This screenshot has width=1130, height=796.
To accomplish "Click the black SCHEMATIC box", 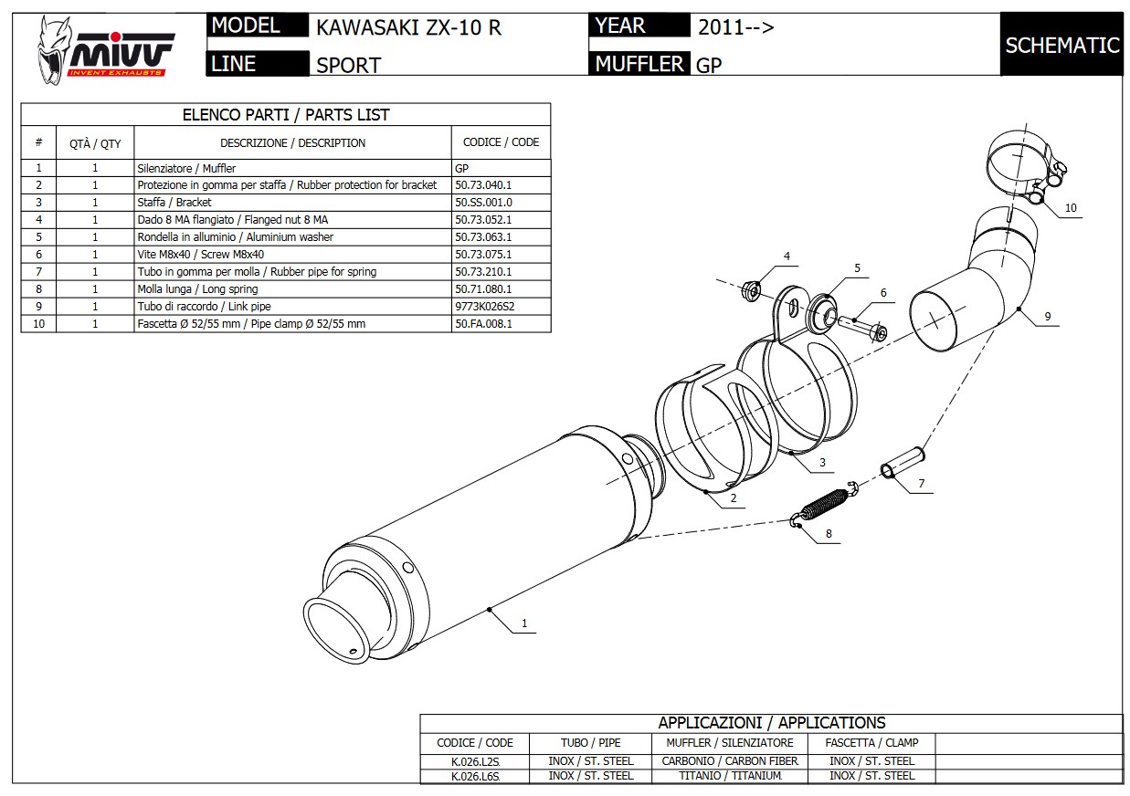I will pyautogui.click(x=1061, y=45).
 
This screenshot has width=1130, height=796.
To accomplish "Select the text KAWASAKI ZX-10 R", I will pyautogui.click(x=408, y=27).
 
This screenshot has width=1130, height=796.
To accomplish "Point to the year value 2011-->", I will pyautogui.click(x=735, y=26).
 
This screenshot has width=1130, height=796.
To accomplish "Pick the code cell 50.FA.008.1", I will pyautogui.click(x=484, y=324).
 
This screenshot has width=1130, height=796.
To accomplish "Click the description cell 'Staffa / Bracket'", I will pyautogui.click(x=174, y=203).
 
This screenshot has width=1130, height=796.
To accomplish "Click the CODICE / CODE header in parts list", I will pyautogui.click(x=501, y=142).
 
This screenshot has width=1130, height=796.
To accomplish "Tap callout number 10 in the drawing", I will pyautogui.click(x=1071, y=208).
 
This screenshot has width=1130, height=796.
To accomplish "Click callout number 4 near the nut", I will pyautogui.click(x=787, y=256).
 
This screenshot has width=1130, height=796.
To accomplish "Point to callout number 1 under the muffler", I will pyautogui.click(x=524, y=624).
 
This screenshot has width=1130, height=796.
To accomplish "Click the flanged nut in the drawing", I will pyautogui.click(x=753, y=289).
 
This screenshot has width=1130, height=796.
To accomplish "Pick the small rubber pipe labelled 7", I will pyautogui.click(x=903, y=461).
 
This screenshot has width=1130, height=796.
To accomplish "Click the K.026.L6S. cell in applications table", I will pyautogui.click(x=475, y=776).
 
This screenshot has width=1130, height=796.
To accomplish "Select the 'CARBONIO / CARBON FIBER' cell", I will pyautogui.click(x=730, y=760).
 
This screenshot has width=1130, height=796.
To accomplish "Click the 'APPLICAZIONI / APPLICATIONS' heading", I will pyautogui.click(x=771, y=723).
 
